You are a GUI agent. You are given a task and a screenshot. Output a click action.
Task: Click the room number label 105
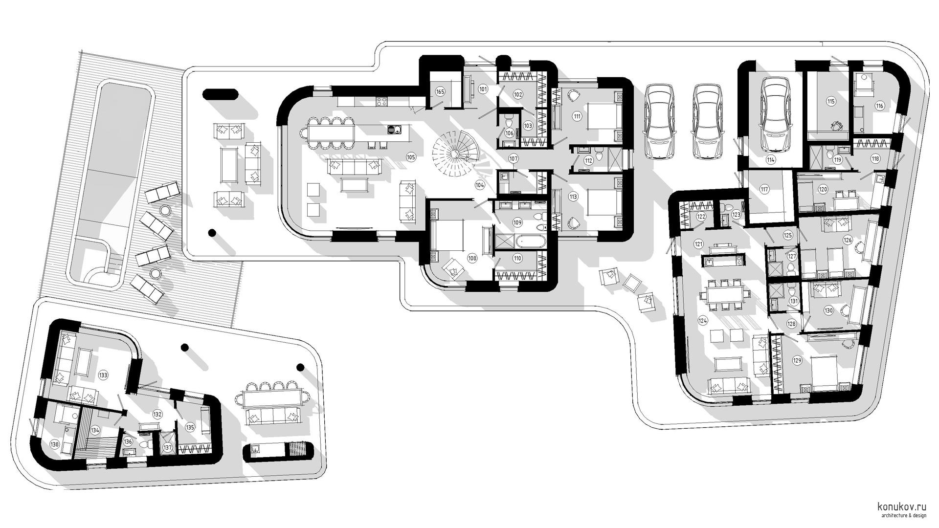click(410, 157)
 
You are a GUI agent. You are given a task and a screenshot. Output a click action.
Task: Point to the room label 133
click(103, 375)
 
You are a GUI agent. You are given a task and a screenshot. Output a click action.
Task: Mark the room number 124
click(703, 321)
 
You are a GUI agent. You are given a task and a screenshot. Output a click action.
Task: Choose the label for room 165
click(440, 91)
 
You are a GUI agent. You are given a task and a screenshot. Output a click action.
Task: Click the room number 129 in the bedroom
click(797, 360)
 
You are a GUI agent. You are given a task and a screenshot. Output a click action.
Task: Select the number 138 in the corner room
click(54, 444)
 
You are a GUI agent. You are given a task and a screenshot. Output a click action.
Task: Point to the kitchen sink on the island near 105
click(394, 130)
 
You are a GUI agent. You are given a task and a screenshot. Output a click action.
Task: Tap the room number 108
click(472, 258)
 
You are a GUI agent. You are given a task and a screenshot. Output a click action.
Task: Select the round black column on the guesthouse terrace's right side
click(300, 367)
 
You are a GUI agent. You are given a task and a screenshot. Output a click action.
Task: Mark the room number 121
click(698, 243)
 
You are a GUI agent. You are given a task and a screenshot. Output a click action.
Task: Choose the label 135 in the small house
click(190, 427)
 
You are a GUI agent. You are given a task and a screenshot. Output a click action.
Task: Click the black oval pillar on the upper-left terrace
click(220, 94)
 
